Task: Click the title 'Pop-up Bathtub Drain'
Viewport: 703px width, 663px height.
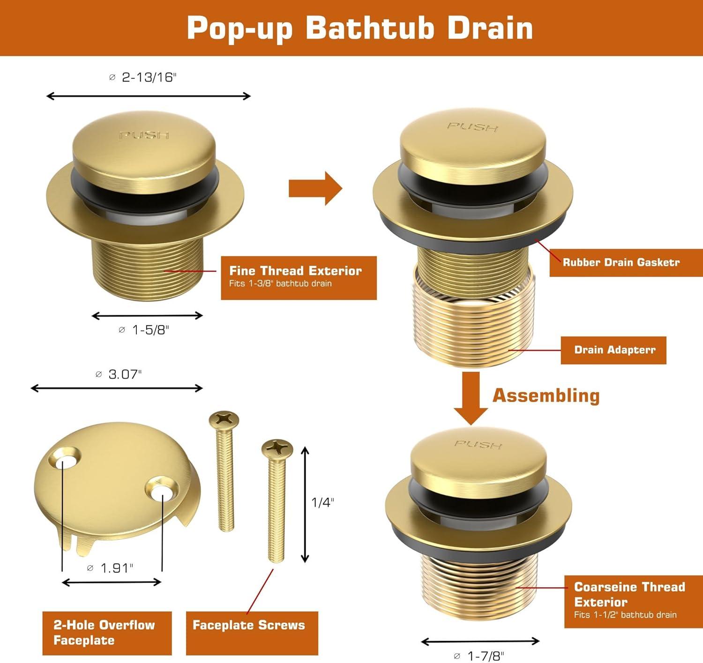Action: click(359, 28)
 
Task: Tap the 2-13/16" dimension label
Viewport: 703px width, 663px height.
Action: click(142, 77)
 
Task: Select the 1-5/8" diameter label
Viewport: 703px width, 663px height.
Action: click(144, 330)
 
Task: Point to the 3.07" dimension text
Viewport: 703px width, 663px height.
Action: click(119, 374)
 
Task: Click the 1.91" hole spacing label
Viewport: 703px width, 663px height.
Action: click(110, 568)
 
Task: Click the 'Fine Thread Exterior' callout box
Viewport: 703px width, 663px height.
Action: click(299, 278)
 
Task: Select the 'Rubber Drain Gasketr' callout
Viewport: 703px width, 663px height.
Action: click(626, 263)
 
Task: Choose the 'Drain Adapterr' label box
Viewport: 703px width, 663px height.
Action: click(613, 350)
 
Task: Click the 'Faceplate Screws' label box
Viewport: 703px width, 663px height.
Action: click(252, 633)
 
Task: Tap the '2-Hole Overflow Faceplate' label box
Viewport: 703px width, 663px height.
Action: click(107, 633)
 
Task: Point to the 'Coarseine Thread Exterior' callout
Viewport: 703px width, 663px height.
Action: click(633, 602)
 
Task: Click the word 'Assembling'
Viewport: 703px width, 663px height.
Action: click(546, 395)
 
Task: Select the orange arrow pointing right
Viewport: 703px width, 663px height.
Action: click(315, 188)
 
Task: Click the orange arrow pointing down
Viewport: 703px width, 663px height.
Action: click(471, 398)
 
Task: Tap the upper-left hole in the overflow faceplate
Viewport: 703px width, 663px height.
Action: click(65, 457)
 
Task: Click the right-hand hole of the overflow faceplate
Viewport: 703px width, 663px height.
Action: click(162, 489)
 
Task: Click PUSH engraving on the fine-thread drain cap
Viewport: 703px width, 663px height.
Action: click(144, 135)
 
